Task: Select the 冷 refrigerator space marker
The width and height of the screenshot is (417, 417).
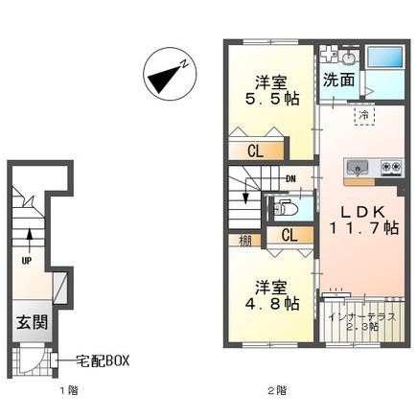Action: [x=365, y=115]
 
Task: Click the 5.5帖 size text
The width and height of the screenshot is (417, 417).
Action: [x=269, y=98]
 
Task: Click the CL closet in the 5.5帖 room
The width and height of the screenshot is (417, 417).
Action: [x=256, y=151]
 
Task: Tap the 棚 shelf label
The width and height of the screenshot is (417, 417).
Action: [x=244, y=242]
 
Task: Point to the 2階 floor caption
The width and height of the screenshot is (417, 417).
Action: [x=278, y=391]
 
